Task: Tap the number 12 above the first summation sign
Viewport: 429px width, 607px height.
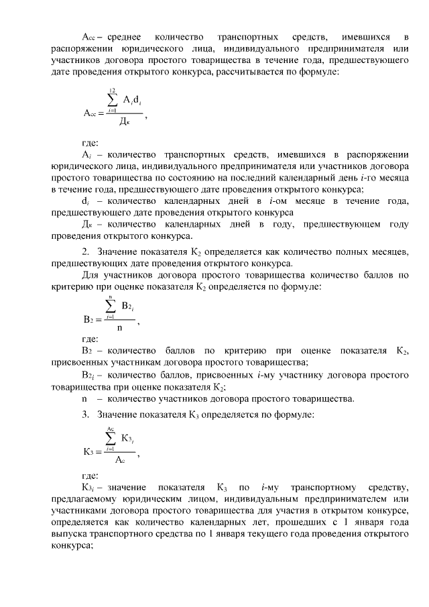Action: coord(113,90)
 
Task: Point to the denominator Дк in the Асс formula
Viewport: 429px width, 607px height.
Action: coord(124,121)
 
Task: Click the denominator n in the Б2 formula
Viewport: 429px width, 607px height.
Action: coord(119,328)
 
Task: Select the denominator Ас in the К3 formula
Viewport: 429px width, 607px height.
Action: coord(119,460)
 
